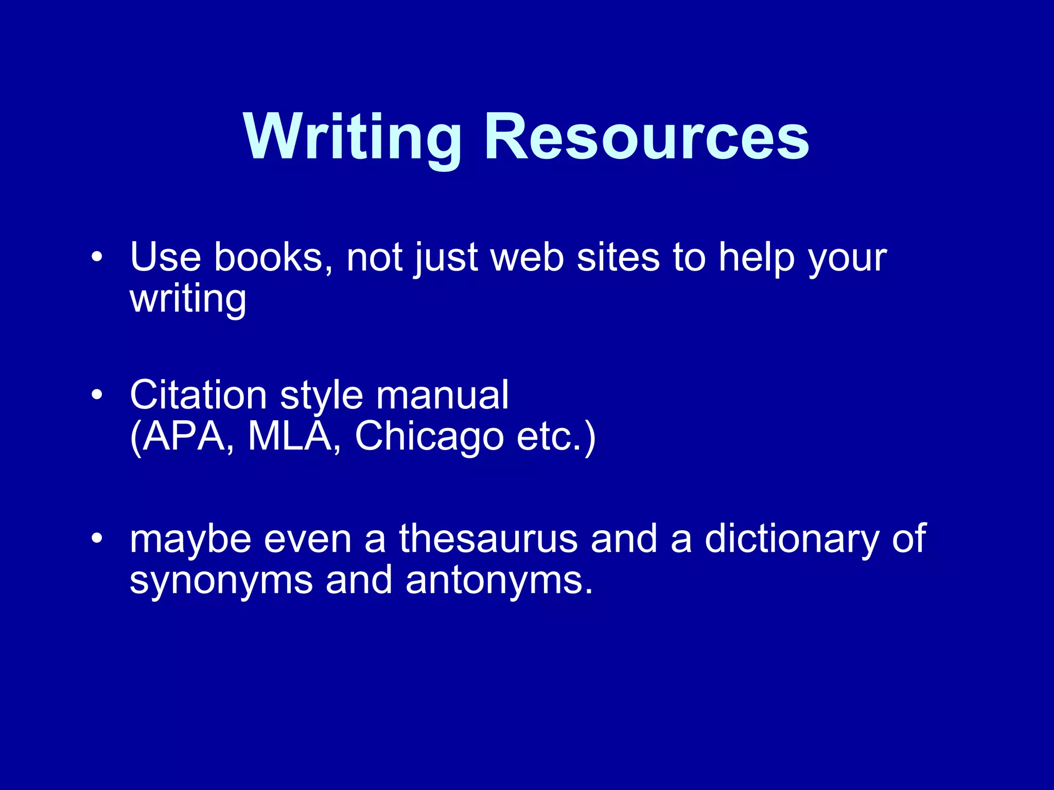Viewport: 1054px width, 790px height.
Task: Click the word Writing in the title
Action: point(353,138)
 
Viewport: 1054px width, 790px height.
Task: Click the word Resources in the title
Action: point(646,138)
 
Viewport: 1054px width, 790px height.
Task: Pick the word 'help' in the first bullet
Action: point(757,258)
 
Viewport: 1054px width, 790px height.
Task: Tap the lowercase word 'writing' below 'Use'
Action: point(188,300)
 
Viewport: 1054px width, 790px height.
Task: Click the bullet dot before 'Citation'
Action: point(97,395)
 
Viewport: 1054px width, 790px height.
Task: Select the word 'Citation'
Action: point(198,395)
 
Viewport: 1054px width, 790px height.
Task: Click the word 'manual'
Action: point(442,395)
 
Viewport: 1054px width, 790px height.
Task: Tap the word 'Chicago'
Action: point(429,437)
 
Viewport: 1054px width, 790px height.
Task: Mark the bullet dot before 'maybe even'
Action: point(97,538)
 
